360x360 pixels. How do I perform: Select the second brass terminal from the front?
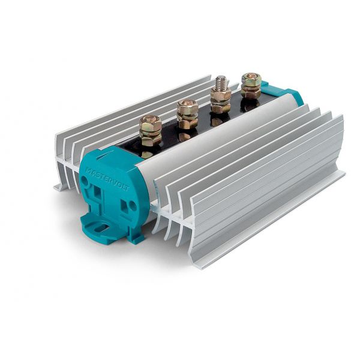187,115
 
